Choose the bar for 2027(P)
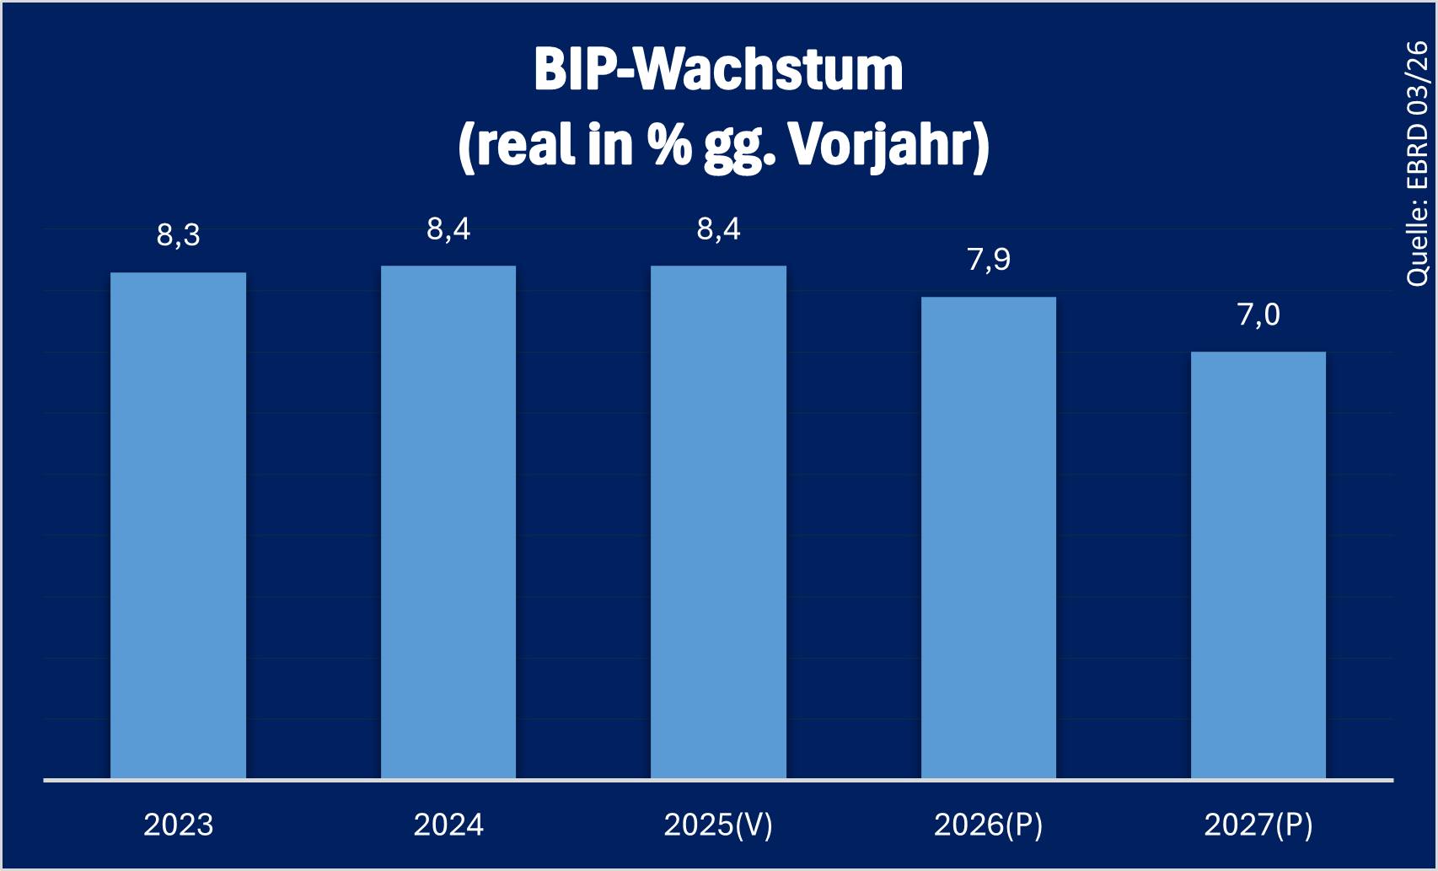pyautogui.click(x=1258, y=565)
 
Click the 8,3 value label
pyautogui.click(x=178, y=235)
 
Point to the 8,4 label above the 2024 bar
pyautogui.click(x=448, y=229)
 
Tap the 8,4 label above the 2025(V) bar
pyautogui.click(x=718, y=229)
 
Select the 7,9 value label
pyautogui.click(x=988, y=260)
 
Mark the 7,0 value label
pyautogui.click(x=1258, y=315)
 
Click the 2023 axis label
pyautogui.click(x=178, y=825)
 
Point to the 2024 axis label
pyautogui.click(x=448, y=825)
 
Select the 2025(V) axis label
pyautogui.click(x=718, y=825)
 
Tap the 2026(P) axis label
pyautogui.click(x=988, y=825)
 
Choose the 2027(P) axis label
pyautogui.click(x=1258, y=825)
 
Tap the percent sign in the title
pyautogui.click(x=669, y=145)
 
